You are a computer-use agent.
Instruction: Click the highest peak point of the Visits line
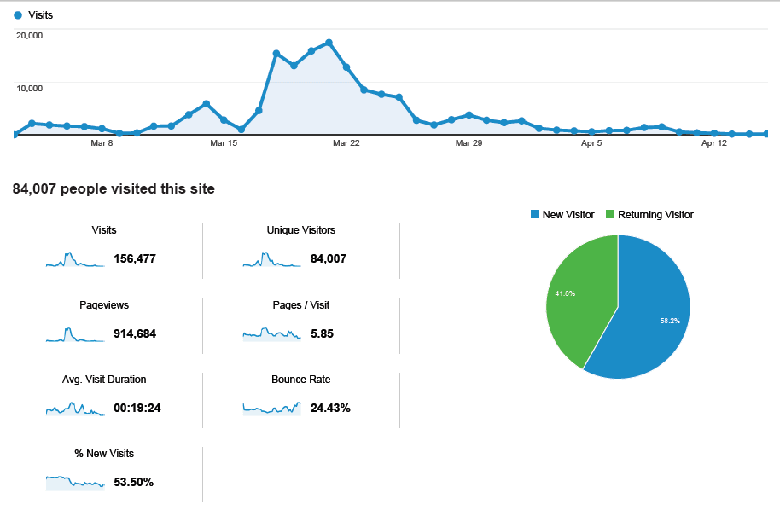pos(329,43)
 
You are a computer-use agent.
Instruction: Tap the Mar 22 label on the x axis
pos(346,143)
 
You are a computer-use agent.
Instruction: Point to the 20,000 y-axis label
pos(29,35)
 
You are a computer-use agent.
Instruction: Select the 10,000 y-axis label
pos(29,88)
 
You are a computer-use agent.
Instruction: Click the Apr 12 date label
pos(714,143)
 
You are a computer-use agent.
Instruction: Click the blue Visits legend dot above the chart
pos(18,15)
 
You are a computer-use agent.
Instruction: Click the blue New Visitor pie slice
pos(649,316)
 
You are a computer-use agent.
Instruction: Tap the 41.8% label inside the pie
pos(564,293)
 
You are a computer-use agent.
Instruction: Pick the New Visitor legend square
pos(535,215)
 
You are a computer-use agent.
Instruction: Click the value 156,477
pos(135,259)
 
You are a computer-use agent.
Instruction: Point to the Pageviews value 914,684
pos(135,333)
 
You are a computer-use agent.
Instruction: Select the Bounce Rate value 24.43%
pos(330,408)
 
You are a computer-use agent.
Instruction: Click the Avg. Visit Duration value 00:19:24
pos(137,408)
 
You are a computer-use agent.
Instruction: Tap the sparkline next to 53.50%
pos(75,483)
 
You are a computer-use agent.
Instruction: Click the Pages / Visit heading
pos(300,304)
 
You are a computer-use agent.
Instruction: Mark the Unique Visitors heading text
pos(300,230)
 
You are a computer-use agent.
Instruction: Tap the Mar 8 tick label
pos(102,143)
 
